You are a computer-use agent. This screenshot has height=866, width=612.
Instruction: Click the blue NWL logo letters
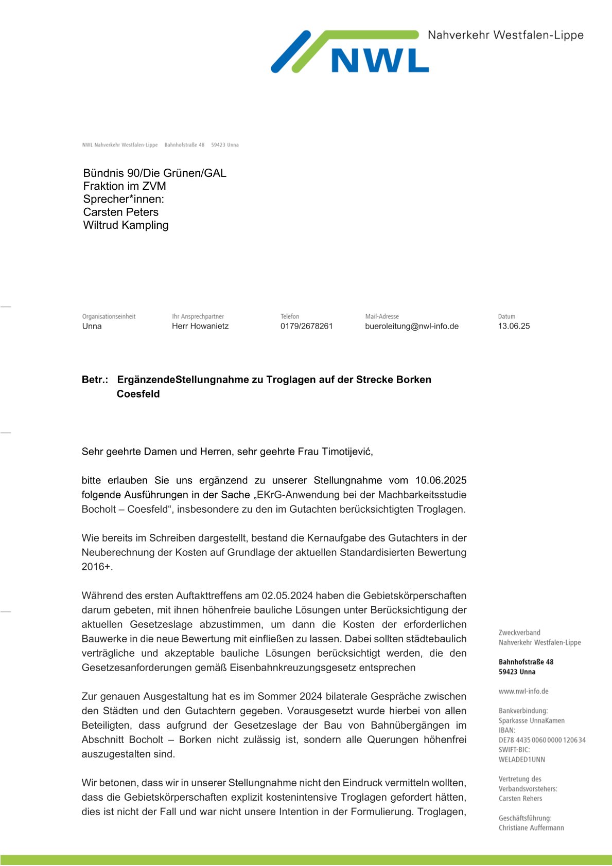380,60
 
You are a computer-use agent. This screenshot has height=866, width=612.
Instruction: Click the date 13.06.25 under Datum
513,326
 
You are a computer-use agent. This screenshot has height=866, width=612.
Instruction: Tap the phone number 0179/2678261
306,326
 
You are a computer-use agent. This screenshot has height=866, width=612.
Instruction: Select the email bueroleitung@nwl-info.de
411,326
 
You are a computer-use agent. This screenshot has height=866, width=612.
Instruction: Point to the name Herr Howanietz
200,326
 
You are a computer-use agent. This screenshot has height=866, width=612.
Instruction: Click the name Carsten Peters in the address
120,212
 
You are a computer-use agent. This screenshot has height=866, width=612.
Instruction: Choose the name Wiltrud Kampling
126,225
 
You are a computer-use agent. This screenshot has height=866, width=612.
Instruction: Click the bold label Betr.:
95,380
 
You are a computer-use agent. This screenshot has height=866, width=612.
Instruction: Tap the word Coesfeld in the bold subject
138,394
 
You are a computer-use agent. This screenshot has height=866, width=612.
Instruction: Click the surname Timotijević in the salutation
347,452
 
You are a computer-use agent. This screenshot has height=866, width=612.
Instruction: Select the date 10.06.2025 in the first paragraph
441,480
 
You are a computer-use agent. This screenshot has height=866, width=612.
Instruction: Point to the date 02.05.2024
287,596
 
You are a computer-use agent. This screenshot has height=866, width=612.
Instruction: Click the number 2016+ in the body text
96,567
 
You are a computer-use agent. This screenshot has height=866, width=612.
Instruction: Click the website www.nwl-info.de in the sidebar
523,691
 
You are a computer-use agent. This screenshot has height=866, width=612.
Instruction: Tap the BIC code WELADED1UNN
521,760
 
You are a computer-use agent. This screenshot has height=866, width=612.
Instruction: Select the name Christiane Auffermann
531,827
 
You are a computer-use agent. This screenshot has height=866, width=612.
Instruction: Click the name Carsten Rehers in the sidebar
520,798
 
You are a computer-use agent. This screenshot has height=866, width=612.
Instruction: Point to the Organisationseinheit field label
109,316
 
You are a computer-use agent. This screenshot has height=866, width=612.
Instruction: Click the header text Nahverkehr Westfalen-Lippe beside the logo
505,35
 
